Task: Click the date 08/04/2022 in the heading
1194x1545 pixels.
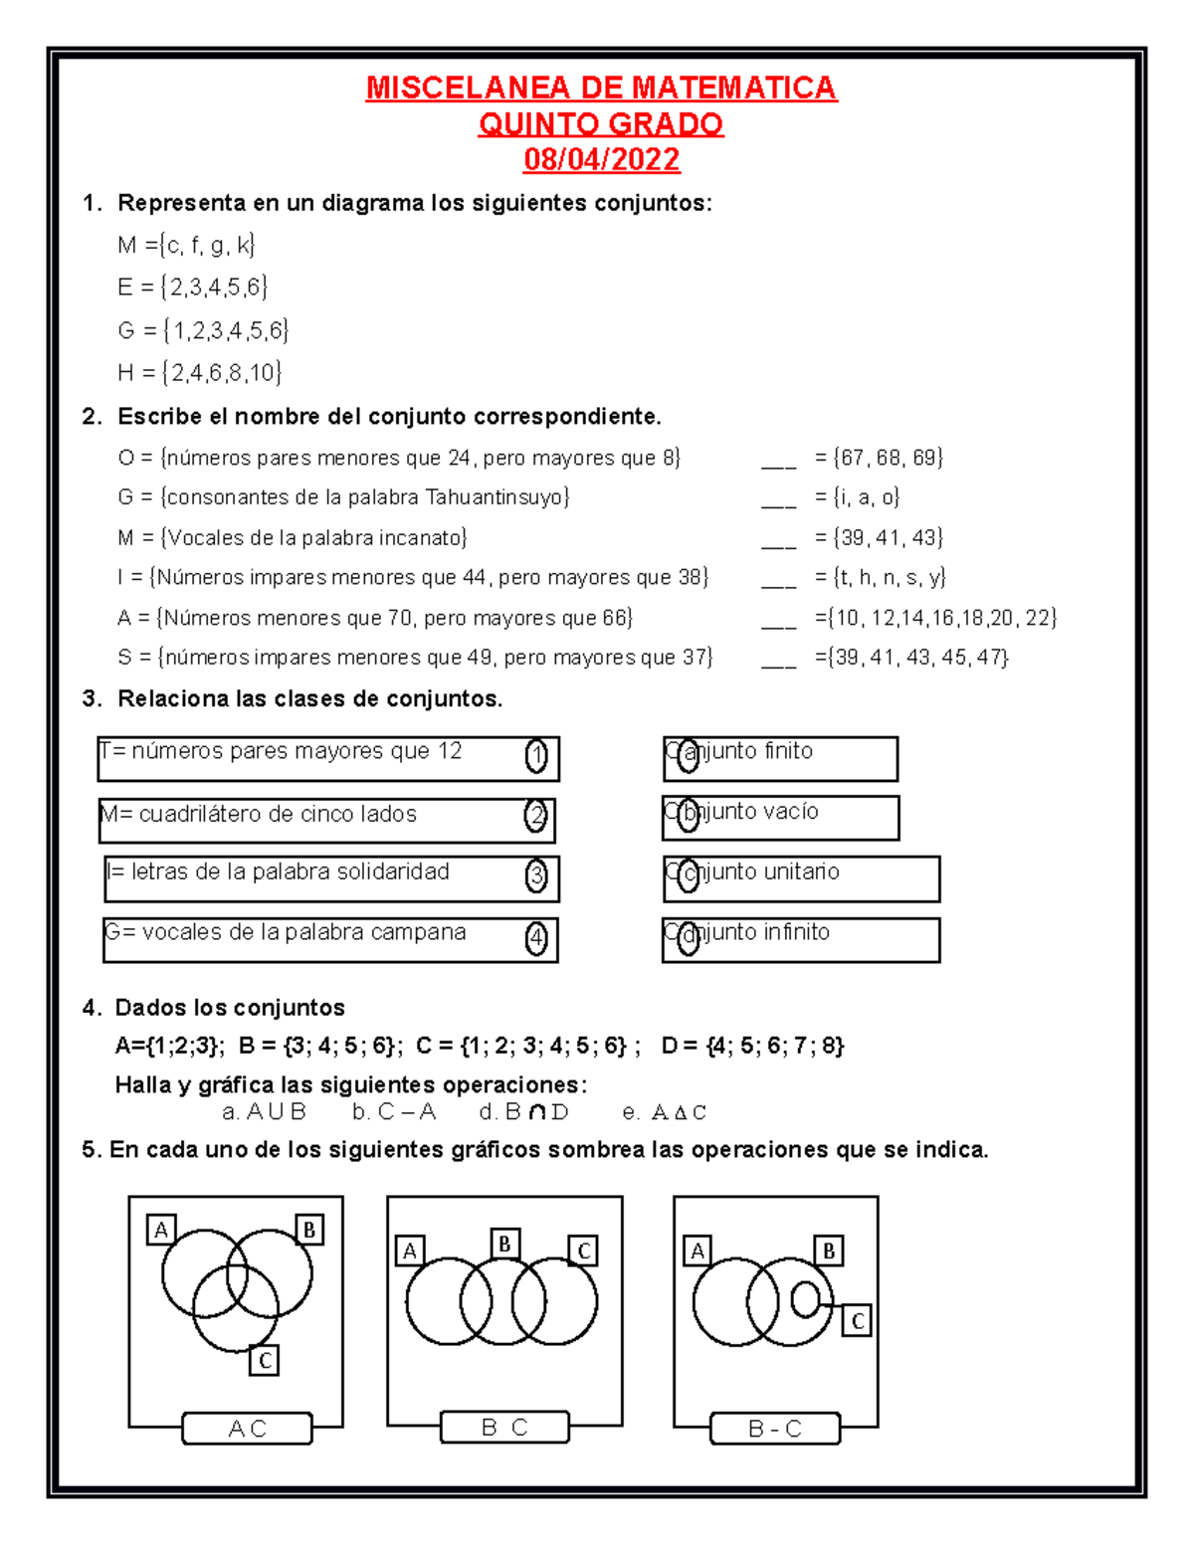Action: [x=601, y=159]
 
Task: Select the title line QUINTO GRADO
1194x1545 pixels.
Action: [x=601, y=124]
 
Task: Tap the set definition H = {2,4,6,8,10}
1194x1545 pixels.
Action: [x=199, y=373]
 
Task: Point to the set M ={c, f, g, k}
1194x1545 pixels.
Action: [x=186, y=245]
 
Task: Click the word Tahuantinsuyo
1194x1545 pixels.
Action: [x=497, y=497]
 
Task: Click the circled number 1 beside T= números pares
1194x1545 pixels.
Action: [x=536, y=757]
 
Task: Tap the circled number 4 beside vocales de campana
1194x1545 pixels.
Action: [x=536, y=938]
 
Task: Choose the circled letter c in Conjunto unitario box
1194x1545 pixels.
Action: [x=688, y=876]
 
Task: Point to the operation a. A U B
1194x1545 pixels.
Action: [x=264, y=1112]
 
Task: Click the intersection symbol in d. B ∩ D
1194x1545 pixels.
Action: [x=537, y=1112]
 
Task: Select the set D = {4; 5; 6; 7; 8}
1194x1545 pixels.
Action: [x=752, y=1046]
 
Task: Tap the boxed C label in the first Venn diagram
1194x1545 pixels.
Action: [x=264, y=1360]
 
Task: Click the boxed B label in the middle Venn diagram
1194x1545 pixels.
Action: [x=504, y=1244]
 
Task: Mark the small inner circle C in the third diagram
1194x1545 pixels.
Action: [x=805, y=1298]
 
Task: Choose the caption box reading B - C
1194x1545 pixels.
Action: [x=775, y=1429]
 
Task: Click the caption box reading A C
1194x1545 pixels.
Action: [x=247, y=1429]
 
